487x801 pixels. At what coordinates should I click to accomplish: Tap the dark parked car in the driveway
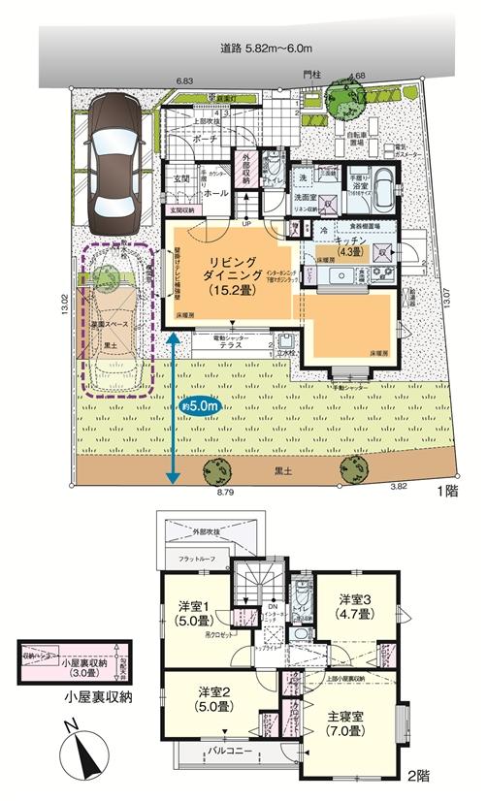(x=115, y=159)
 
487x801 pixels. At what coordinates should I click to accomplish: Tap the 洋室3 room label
(x=353, y=606)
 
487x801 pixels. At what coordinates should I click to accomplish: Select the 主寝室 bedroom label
(x=342, y=720)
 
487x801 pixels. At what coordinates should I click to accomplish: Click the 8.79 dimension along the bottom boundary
(x=225, y=494)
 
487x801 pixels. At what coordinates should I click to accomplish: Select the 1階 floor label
(x=447, y=493)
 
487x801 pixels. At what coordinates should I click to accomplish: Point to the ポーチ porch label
(x=204, y=139)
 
